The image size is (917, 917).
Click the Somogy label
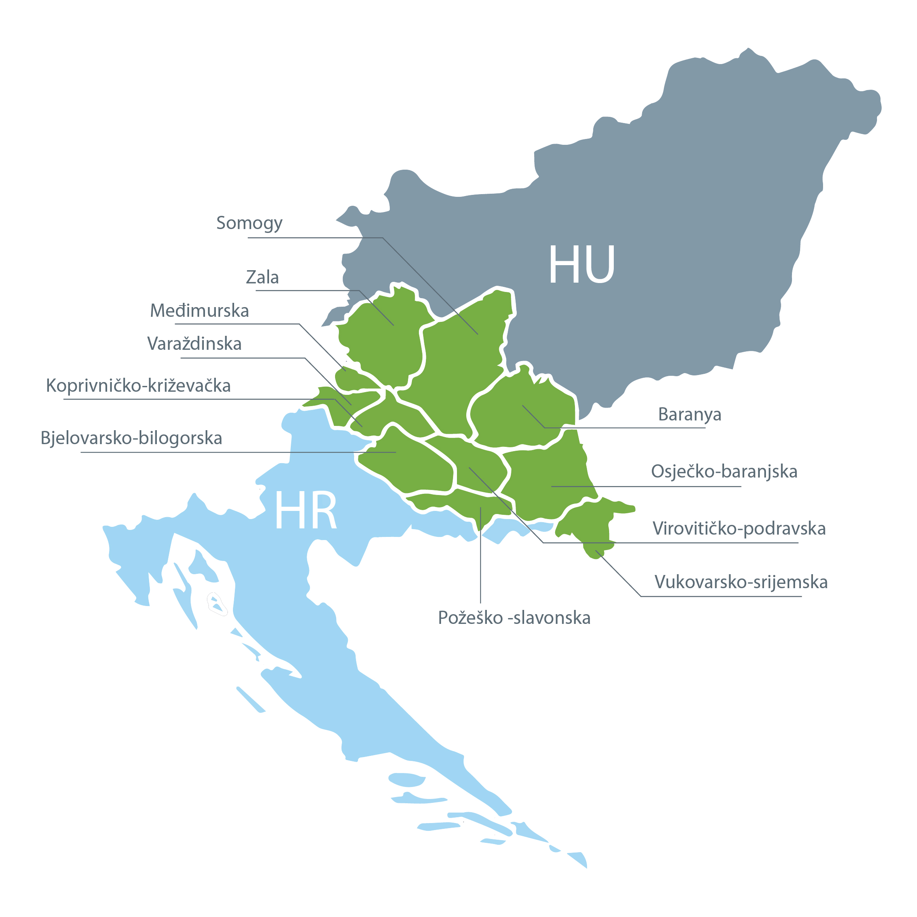point(249,222)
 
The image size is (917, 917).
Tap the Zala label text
point(262,277)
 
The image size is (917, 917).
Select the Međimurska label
point(199,311)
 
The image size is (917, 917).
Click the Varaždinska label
point(194,344)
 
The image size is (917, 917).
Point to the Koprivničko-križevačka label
point(138,386)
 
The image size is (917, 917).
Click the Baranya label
point(689,414)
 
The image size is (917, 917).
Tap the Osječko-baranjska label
point(724,471)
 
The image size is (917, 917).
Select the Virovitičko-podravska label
point(739,528)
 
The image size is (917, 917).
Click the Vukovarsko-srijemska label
point(741,582)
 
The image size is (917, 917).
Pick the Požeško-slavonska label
point(514,618)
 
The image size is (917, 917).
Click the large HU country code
point(582,264)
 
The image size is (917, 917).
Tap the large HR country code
point(306,511)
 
